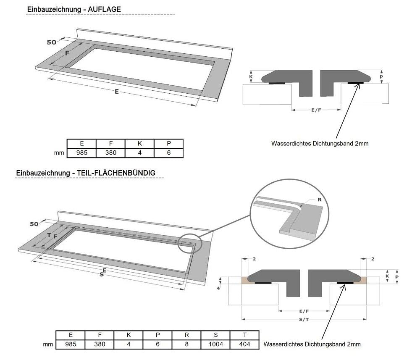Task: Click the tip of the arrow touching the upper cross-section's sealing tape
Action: [359, 84]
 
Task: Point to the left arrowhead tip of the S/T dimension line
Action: [242, 319]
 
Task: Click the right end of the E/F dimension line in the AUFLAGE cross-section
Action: [341, 110]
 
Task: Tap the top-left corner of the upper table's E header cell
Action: [67, 139]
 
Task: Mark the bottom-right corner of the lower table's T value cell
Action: [259, 349]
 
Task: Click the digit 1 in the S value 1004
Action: [210, 344]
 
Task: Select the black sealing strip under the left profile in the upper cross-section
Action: [277, 83]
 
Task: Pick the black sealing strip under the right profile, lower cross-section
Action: [345, 283]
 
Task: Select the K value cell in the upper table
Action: [139, 153]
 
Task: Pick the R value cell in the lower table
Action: [186, 344]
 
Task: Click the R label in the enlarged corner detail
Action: [319, 200]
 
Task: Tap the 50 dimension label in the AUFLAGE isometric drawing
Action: [51, 42]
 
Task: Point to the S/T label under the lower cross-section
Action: [304, 319]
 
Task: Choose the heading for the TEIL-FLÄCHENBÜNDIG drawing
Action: [86, 173]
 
